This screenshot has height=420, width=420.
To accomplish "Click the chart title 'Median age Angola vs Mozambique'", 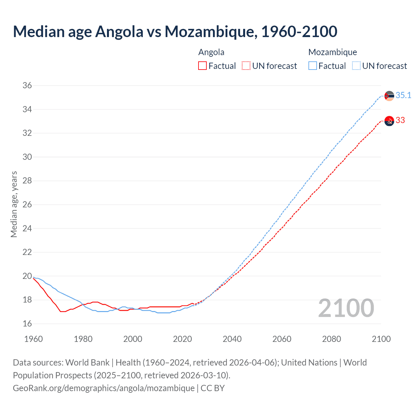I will [x=175, y=31].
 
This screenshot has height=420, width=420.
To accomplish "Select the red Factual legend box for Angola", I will [x=202, y=66].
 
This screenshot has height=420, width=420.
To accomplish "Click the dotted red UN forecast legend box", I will [x=246, y=66].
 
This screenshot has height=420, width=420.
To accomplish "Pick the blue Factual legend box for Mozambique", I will [x=313, y=66].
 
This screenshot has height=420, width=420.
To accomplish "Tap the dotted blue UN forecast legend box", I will [x=356, y=66].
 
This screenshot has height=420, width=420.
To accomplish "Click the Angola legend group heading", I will [x=211, y=52].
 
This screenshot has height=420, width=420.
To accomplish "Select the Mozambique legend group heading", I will [x=332, y=52].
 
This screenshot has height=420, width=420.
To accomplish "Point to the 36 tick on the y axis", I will [x=27, y=86].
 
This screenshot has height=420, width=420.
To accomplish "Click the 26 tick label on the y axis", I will [x=27, y=205].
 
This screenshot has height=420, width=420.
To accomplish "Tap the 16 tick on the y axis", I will [x=27, y=324].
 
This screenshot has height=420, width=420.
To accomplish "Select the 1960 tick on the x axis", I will [x=33, y=339].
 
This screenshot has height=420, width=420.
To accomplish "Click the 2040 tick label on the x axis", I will [x=232, y=339].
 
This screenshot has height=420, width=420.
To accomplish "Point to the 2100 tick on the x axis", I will [x=381, y=339].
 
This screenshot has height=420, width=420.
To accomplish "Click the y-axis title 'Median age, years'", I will [x=14, y=204].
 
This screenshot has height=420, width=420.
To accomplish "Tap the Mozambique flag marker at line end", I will [x=389, y=96].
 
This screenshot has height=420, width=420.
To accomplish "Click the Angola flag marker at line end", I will [x=389, y=121].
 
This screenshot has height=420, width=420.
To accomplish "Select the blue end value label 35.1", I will [x=403, y=95].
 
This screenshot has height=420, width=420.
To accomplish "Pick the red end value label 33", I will [x=400, y=120].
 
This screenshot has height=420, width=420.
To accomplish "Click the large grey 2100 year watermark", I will [x=346, y=308].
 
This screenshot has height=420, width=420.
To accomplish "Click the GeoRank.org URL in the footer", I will [x=104, y=388].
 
